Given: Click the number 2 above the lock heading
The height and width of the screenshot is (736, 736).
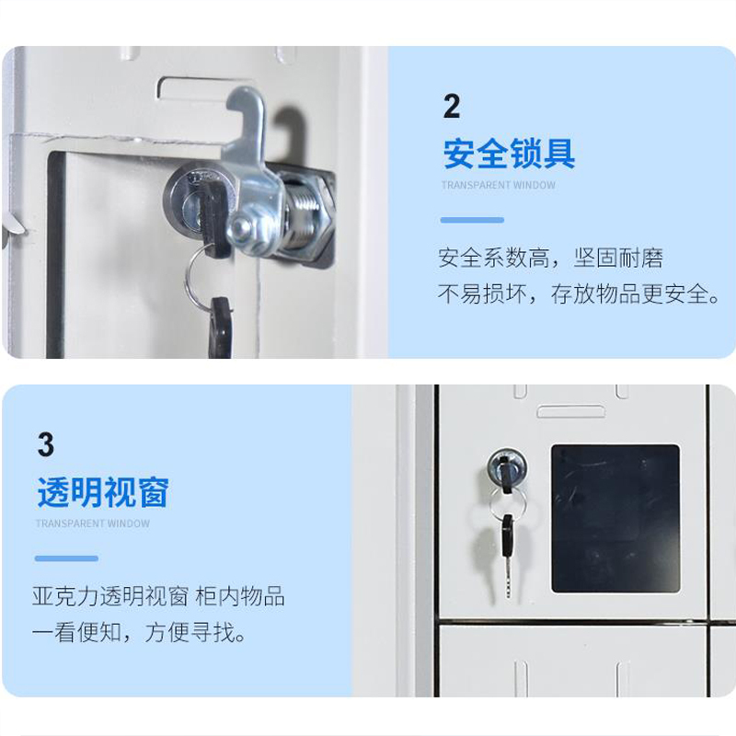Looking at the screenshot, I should [451, 107].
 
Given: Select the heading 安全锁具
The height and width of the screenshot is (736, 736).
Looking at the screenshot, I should [509, 153].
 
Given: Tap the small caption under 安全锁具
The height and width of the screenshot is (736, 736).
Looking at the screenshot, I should [498, 185].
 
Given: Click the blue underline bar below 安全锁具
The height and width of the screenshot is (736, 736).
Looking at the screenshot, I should [472, 220].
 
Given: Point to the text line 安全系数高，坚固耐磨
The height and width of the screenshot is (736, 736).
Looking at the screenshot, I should [550, 258].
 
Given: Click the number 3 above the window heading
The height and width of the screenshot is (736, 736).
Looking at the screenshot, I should [46, 445].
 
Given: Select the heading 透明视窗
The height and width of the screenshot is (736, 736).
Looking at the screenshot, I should [103, 492].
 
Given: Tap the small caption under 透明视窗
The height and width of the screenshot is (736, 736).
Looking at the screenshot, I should [92, 523].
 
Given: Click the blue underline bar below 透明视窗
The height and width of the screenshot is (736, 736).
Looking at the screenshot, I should [66, 558].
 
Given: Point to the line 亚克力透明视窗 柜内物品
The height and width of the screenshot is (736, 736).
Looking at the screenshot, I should [158, 596].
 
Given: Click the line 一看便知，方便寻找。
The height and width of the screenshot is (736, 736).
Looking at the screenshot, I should [140, 633].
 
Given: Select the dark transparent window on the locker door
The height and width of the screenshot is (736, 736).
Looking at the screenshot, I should [615, 518].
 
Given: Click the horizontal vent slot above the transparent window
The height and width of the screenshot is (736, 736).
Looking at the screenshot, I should [570, 411].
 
